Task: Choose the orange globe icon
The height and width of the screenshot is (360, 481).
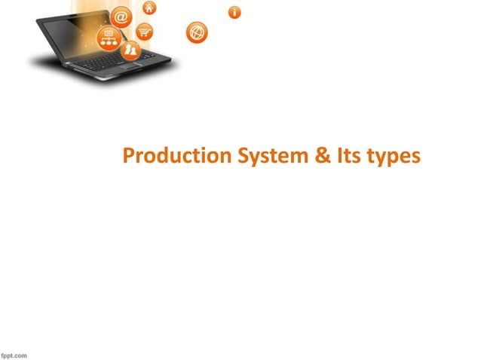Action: coord(198,33)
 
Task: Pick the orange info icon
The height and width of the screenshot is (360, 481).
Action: coord(235,12)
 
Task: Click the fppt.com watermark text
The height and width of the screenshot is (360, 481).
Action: coord(14,354)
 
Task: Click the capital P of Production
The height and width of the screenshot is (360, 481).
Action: coord(128,157)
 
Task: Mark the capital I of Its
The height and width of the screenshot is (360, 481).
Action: coord(336,157)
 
